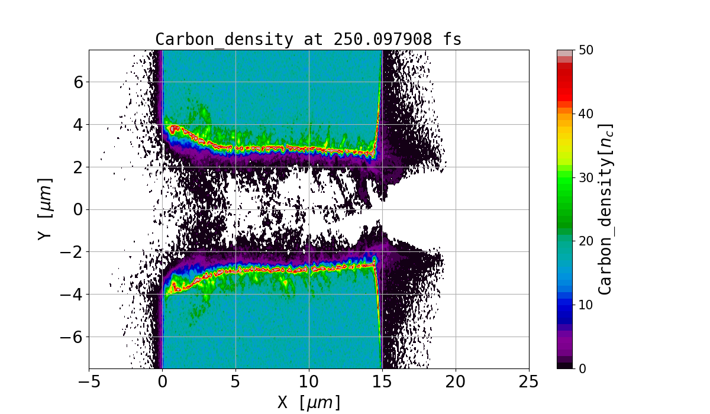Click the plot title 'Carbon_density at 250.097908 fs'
click(x=308, y=39)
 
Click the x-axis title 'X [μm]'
click(x=309, y=402)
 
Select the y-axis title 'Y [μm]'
click(x=45, y=209)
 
